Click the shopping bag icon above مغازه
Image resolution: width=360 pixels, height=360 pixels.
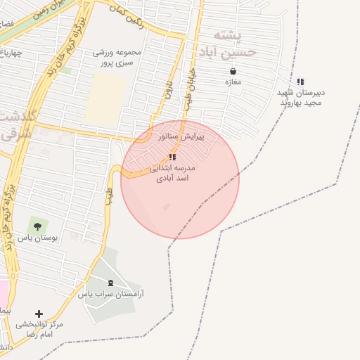[x=233, y=71]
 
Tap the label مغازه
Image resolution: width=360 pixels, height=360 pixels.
[x=233, y=82]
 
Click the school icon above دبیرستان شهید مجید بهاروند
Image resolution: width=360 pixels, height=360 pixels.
[x=301, y=82]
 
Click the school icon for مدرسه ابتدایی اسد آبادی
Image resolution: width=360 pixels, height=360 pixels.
[x=173, y=157]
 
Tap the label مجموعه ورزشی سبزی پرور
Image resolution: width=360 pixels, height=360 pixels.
[x=117, y=57]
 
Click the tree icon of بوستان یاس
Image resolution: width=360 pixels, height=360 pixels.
[x=37, y=226]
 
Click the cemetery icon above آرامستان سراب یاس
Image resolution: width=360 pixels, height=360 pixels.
[x=110, y=283]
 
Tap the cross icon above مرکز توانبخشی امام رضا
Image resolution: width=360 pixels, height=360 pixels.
[x=39, y=314]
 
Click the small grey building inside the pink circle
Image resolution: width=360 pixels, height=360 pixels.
[x=167, y=207]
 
